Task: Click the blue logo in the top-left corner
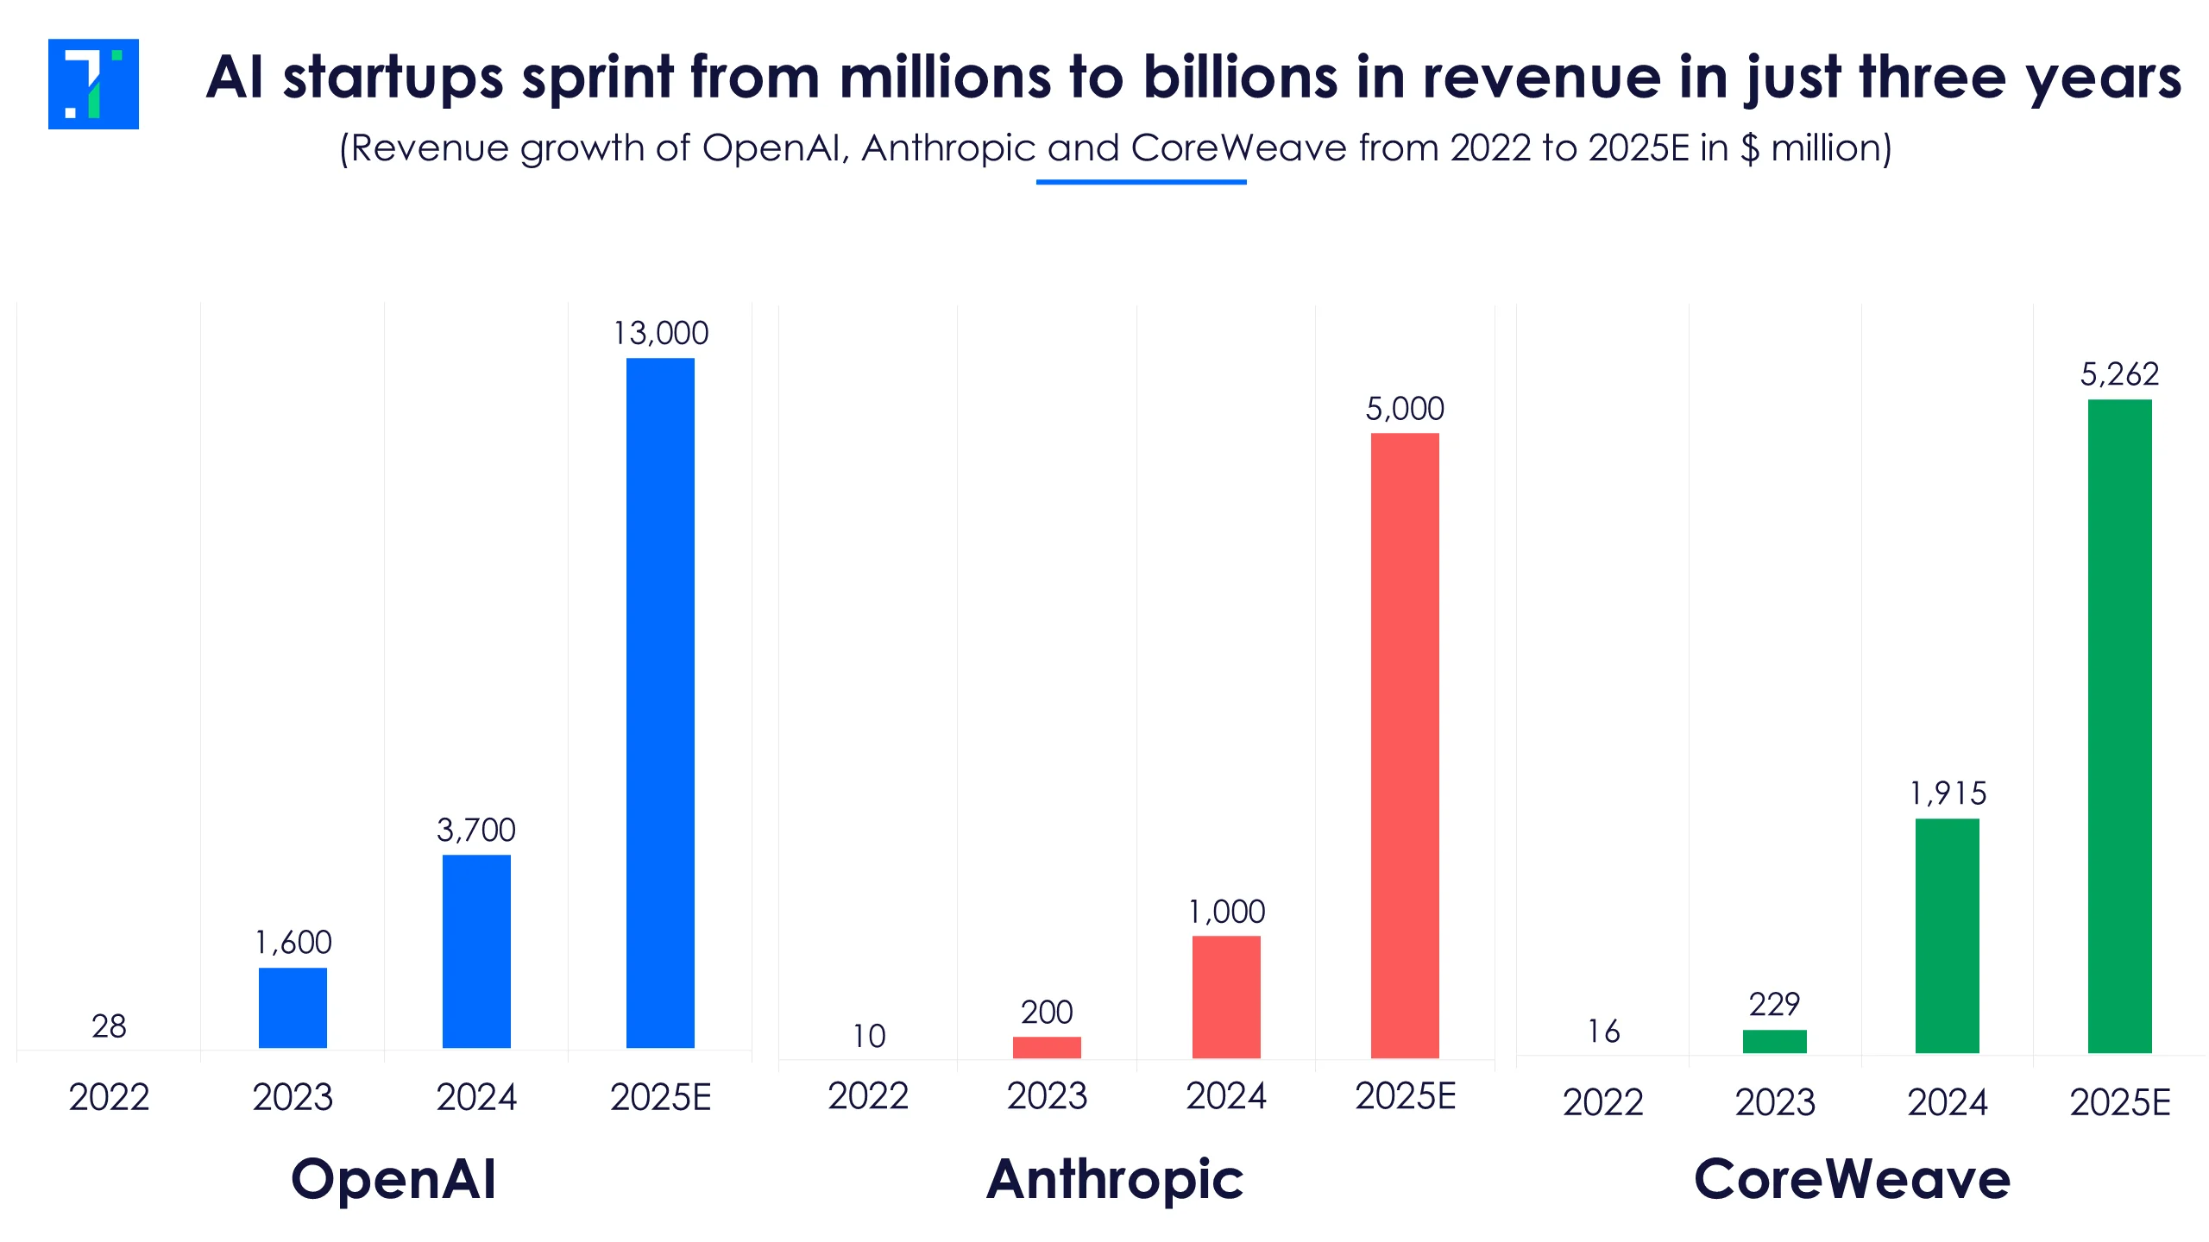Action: pyautogui.click(x=93, y=84)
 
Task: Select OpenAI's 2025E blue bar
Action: pyautogui.click(x=660, y=702)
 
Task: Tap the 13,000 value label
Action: pyautogui.click(x=660, y=333)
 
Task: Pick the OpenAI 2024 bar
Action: pyautogui.click(x=476, y=950)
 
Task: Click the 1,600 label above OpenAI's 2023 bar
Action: pyautogui.click(x=293, y=942)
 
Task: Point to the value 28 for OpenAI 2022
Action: pyautogui.click(x=109, y=1026)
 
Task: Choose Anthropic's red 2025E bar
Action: pyautogui.click(x=1405, y=745)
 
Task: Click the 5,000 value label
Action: pyautogui.click(x=1405, y=409)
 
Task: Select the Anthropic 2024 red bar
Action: pyautogui.click(x=1226, y=996)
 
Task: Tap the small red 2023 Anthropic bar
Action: pyautogui.click(x=1047, y=1047)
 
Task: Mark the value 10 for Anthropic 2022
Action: pyautogui.click(x=869, y=1036)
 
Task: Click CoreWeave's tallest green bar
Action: pyautogui.click(x=2119, y=725)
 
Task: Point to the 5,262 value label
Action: pyautogui.click(x=2119, y=374)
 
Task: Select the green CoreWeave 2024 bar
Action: pyautogui.click(x=1948, y=935)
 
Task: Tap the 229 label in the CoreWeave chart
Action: pyautogui.click(x=1774, y=1005)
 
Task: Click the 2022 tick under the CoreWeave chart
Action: pyautogui.click(x=1603, y=1102)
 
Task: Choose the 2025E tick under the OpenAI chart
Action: pyautogui.click(x=660, y=1097)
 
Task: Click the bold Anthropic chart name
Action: pyautogui.click(x=1115, y=1179)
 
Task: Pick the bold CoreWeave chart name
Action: pyautogui.click(x=1852, y=1179)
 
